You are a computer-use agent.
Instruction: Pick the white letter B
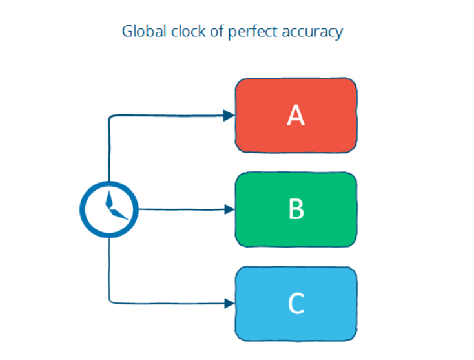(296, 209)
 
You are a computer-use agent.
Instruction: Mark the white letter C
(296, 303)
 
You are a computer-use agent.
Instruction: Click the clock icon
(108, 209)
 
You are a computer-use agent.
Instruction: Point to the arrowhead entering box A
(229, 115)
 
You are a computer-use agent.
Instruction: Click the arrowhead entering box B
(229, 209)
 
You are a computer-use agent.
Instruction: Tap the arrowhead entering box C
(229, 302)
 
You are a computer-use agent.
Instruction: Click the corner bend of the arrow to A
(110, 117)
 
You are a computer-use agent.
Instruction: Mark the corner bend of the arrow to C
(110, 301)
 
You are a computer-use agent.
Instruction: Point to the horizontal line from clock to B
(181, 209)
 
